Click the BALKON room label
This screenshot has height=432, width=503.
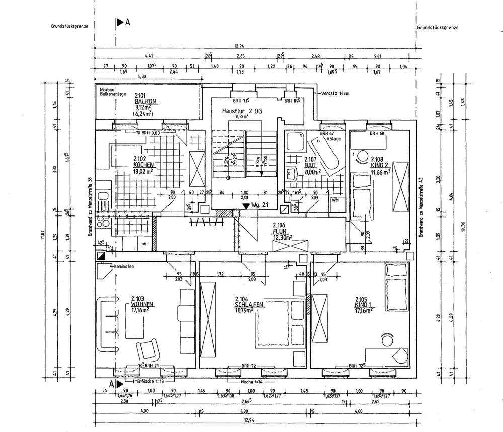click(146, 101)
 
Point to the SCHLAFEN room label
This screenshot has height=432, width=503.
click(249, 304)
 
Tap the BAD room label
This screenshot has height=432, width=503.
click(310, 165)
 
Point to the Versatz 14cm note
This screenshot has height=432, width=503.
click(334, 94)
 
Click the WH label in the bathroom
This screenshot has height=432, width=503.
click(334, 200)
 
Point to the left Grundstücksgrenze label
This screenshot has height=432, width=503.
click(69, 27)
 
